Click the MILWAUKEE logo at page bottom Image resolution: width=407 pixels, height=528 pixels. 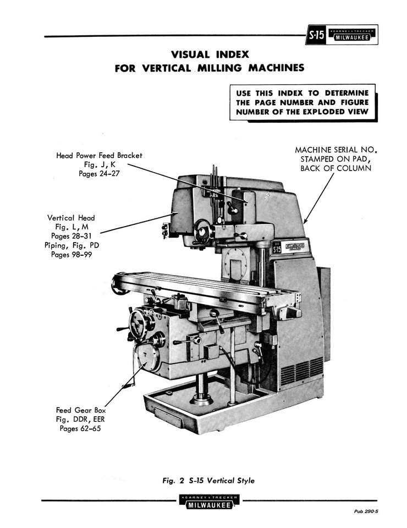pos(208,502)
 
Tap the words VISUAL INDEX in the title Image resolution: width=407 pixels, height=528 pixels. pos(210,54)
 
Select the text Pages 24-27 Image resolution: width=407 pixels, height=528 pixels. pos(99,173)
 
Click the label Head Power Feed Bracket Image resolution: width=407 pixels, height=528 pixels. pos(99,156)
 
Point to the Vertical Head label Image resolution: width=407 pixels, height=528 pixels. pos(70,218)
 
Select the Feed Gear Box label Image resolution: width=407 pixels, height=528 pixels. pos(80,410)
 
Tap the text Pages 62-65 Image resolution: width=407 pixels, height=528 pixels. pos(80,428)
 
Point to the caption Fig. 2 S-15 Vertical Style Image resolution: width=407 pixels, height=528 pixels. pos(208,480)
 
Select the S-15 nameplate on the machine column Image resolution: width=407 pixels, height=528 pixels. pos(277,249)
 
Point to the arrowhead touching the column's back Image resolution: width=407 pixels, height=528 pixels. pos(306,221)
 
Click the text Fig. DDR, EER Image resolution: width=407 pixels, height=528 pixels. pos(80,419)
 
